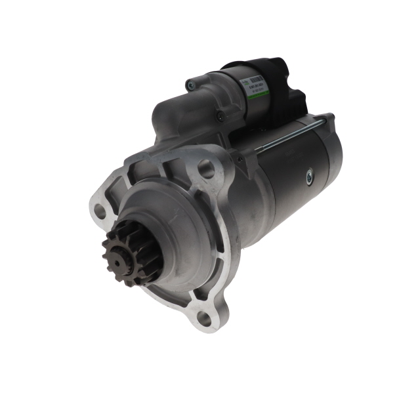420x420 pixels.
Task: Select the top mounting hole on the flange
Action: pyautogui.click(x=206, y=170)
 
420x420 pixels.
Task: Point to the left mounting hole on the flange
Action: pyautogui.click(x=100, y=211)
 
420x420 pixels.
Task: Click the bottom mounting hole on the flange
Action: pyautogui.click(x=205, y=318)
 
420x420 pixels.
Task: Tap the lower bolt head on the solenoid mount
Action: pyautogui.click(x=220, y=117)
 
